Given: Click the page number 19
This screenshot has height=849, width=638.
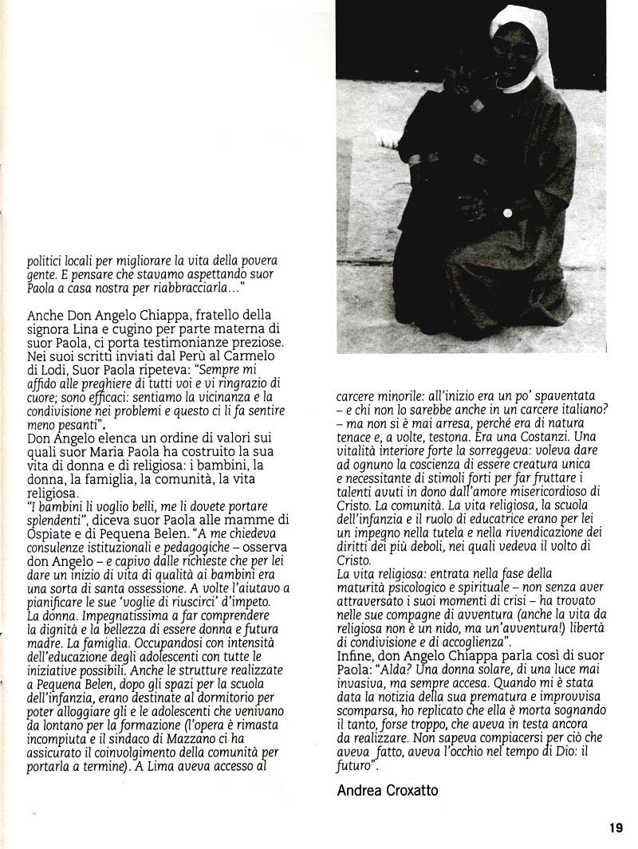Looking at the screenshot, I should coord(615,827).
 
